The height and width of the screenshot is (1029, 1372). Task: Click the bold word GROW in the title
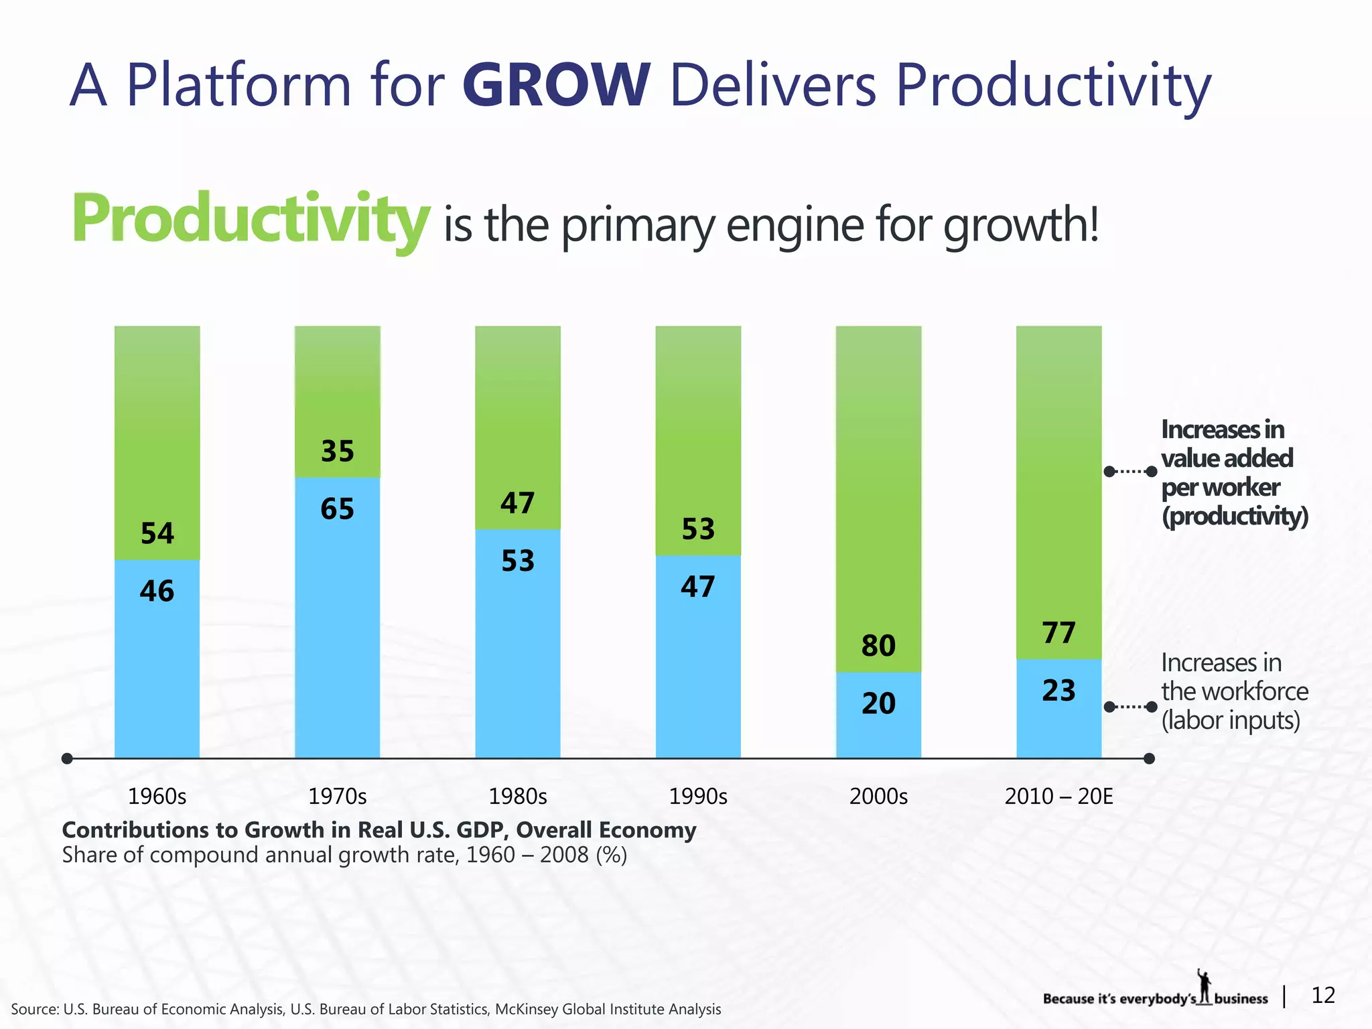tap(556, 86)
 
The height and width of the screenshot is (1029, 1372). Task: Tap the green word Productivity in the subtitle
tap(250, 218)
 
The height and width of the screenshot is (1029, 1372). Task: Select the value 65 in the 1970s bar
tap(337, 509)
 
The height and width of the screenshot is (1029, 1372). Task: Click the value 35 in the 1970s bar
tap(337, 452)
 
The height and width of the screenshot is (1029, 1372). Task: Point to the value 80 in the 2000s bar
tap(878, 646)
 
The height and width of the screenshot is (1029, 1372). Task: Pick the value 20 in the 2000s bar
tap(878, 703)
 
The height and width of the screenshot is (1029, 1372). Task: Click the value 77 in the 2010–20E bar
tap(1058, 633)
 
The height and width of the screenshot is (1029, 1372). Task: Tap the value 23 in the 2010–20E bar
tap(1058, 691)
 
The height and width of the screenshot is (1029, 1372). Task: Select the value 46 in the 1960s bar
tap(157, 592)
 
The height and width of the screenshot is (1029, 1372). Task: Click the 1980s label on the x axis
tap(518, 797)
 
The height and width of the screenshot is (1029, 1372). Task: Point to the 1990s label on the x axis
tap(698, 797)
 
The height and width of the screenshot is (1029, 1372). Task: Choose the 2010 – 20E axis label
tap(1058, 797)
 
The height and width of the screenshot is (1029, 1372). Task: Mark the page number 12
tap(1323, 996)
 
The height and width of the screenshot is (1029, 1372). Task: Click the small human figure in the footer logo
tap(1205, 986)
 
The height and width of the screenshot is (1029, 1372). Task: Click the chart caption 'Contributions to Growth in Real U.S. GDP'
tap(379, 830)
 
